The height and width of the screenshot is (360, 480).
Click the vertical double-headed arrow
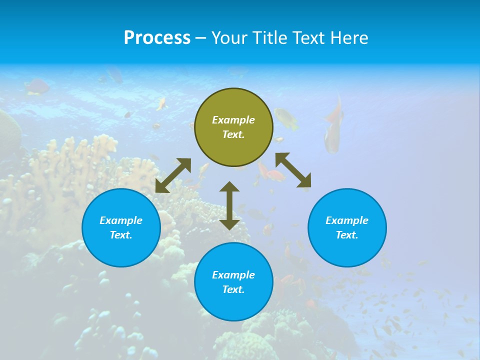click(x=229, y=205)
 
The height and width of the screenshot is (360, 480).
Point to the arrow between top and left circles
click(x=173, y=175)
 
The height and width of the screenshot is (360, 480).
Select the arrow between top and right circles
click(x=293, y=172)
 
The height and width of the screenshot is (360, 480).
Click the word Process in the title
click(x=157, y=38)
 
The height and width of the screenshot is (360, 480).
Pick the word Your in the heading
click(x=229, y=38)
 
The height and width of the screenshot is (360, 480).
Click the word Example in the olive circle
click(x=233, y=120)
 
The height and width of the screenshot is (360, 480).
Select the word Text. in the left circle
click(x=121, y=235)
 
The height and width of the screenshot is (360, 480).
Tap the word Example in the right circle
click(x=347, y=220)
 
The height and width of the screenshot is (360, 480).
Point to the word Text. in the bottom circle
click(x=233, y=289)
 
